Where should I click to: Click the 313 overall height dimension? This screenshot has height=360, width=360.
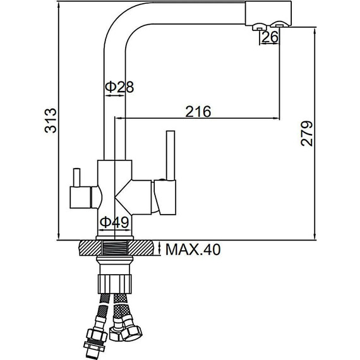[x=51, y=120]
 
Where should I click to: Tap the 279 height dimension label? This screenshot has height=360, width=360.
[x=307, y=134]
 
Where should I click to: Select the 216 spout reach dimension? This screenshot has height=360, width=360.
[x=198, y=111]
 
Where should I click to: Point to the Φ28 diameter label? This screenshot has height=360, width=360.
[x=119, y=87]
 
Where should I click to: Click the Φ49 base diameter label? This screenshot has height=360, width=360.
[x=114, y=222]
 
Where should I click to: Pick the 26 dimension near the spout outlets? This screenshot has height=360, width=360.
[x=270, y=37]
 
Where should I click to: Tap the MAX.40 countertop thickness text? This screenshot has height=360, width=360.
[x=193, y=249]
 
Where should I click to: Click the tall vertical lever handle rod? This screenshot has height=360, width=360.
[x=171, y=155]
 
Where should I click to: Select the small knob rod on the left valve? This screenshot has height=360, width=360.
[x=76, y=177]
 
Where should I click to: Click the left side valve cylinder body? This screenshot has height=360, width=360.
[x=81, y=198]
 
